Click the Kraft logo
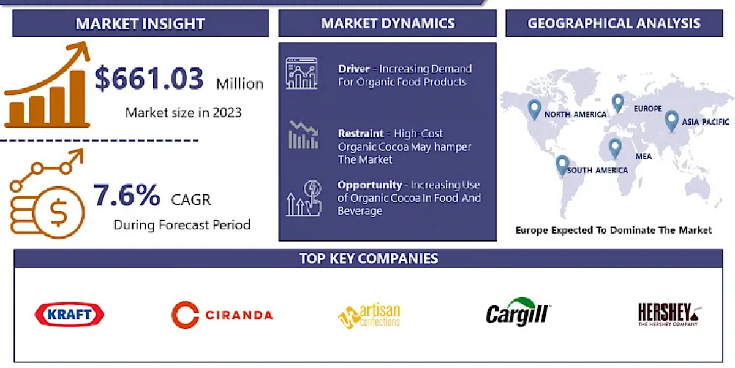69,314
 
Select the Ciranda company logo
222,315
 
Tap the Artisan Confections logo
369,316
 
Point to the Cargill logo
518,312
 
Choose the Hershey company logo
669,314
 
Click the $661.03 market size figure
149,79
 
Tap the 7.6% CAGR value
127,195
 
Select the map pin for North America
534,110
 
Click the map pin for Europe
618,103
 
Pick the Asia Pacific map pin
671,121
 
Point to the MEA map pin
615,148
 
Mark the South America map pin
562,165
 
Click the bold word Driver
354,69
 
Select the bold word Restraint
361,134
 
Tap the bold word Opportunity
369,185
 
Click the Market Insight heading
140,24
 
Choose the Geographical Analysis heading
614,23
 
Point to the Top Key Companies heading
369,259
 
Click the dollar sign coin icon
58,213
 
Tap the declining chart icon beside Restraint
304,135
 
